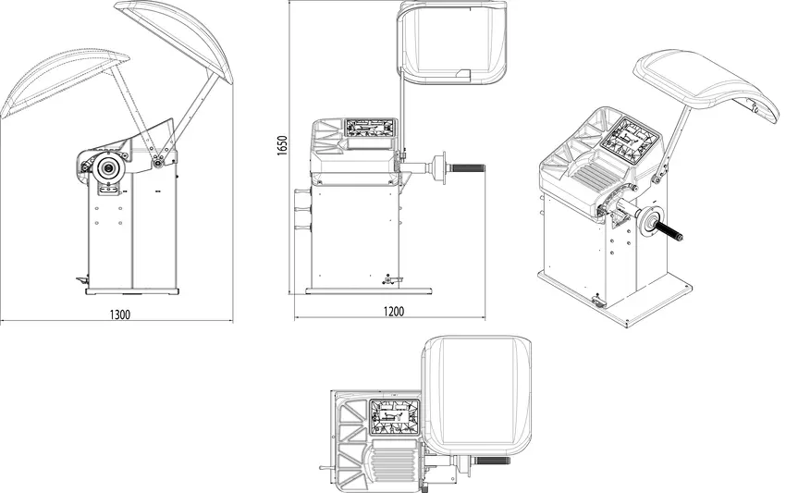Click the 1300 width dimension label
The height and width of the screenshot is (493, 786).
point(120,314)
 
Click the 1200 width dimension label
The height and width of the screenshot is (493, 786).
point(394,312)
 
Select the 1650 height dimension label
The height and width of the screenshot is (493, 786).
point(283,145)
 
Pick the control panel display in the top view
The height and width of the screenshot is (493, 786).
point(395,417)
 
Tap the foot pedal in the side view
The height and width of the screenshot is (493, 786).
point(81,281)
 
